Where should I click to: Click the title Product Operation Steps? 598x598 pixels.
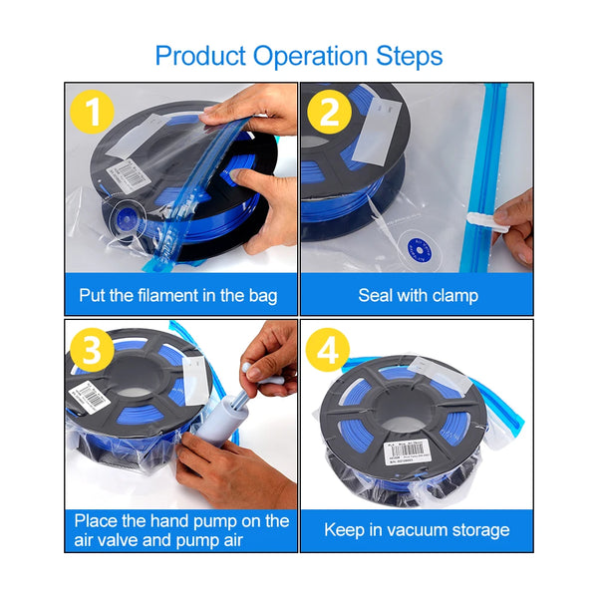tap(299, 55)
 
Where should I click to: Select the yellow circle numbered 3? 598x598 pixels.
tap(93, 351)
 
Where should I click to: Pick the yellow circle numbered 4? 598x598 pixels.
tap(329, 351)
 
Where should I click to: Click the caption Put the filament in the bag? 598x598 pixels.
tap(178, 295)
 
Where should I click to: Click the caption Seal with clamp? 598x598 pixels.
tap(418, 295)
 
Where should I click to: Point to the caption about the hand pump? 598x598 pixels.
tap(180, 529)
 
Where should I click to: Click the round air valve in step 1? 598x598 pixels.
tap(126, 214)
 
